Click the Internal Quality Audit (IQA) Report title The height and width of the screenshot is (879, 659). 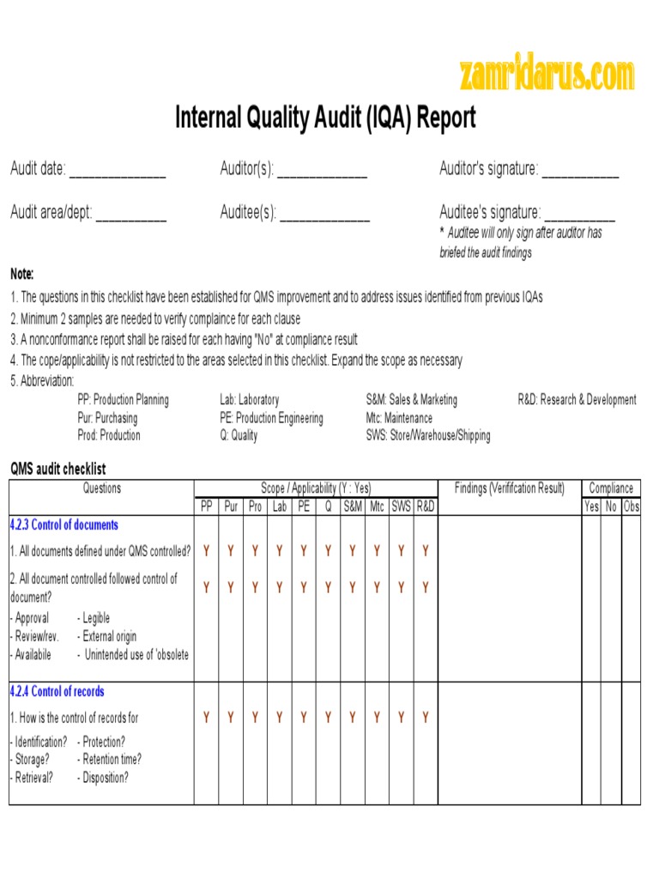coord(325,118)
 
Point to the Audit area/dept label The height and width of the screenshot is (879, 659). coord(51,212)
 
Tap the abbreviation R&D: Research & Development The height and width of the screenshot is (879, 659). coord(577,400)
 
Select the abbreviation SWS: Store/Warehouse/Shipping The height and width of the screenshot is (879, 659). coord(428,436)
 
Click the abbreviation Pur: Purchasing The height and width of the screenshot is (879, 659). coord(107,418)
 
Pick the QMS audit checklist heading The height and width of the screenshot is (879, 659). coord(58,470)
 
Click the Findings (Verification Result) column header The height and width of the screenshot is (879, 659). coord(510,488)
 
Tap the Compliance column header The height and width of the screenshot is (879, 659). coord(611,488)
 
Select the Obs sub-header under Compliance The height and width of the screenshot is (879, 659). coord(632,506)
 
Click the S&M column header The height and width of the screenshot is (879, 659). coord(353,506)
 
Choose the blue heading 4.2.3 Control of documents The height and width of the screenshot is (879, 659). coord(64,525)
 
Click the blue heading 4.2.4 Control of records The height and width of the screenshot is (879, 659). coord(57,692)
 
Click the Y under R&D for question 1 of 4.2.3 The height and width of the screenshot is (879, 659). coord(426,551)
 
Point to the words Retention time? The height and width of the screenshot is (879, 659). coord(111,760)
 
